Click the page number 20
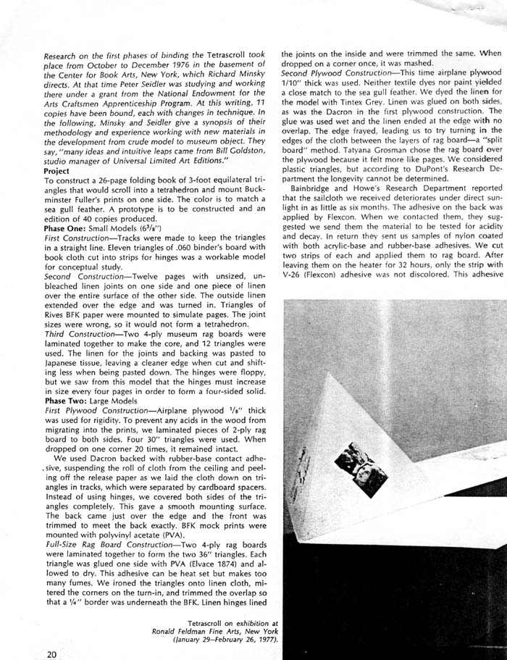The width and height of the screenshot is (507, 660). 51,653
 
